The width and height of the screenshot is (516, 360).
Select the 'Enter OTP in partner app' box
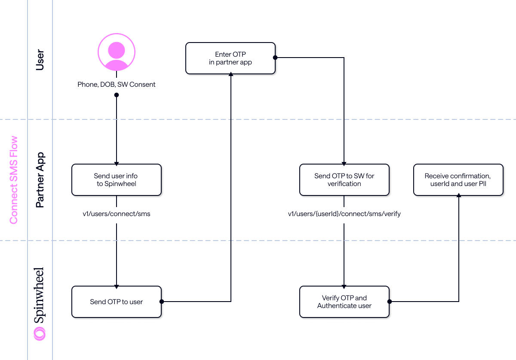230,58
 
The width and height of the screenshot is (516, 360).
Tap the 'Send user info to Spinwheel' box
117,180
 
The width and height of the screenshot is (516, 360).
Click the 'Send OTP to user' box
117,302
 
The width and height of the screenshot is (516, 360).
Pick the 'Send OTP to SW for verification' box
344,180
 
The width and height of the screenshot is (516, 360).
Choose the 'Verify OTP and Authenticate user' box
344,302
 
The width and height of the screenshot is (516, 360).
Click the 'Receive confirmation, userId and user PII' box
458,180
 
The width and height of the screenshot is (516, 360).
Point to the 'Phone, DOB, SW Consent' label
117,84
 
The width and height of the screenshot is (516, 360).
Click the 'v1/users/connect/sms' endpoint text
117,214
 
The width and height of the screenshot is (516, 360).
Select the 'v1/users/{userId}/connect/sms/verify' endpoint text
344,214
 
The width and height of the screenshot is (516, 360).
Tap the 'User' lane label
40,60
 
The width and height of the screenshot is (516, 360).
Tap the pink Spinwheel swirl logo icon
40,333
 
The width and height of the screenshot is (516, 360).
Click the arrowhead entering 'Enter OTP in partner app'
231,75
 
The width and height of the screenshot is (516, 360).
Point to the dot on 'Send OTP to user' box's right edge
162,302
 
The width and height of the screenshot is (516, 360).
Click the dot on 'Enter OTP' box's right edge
275,57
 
